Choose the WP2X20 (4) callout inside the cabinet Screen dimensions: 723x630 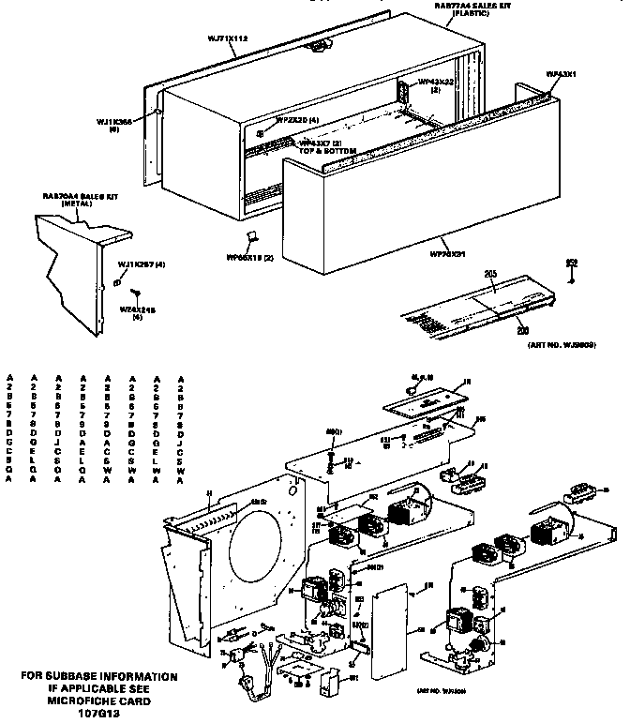[297, 120]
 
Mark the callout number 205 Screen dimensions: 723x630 [489, 273]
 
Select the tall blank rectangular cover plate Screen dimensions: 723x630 [389, 632]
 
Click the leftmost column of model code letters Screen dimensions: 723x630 [9, 427]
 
